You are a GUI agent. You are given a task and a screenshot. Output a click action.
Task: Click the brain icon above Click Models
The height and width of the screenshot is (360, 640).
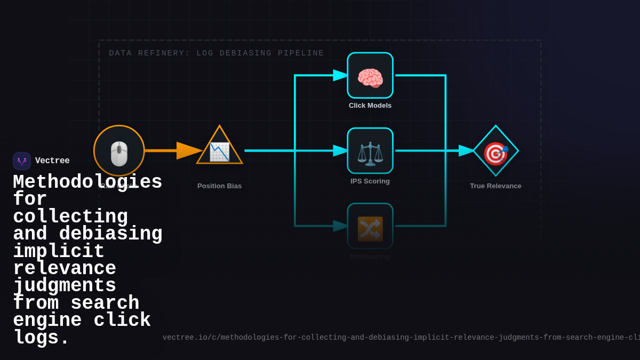(370, 78)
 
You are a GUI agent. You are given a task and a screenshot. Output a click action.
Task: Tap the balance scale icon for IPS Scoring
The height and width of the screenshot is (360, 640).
(370, 153)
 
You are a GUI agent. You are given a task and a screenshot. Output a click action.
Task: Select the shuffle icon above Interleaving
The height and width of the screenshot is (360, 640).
(370, 228)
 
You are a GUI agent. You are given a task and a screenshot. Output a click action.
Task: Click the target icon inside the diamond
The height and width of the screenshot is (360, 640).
(495, 154)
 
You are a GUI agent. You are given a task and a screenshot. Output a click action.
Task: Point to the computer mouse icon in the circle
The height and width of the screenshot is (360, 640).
(119, 154)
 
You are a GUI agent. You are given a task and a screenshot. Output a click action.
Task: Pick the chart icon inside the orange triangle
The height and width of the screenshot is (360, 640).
(219, 151)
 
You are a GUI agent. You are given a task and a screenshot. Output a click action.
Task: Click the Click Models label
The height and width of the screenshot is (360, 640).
(370, 106)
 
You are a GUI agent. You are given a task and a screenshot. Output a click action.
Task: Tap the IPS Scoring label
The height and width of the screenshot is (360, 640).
(370, 181)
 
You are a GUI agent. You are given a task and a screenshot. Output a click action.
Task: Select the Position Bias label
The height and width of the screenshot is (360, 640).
(219, 186)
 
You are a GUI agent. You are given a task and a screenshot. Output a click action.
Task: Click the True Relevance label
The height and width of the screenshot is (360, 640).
(495, 186)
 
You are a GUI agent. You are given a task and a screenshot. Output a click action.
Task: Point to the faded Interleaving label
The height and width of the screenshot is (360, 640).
(370, 257)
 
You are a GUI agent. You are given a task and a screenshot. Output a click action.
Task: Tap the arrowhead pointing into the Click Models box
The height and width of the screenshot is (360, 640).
(341, 75)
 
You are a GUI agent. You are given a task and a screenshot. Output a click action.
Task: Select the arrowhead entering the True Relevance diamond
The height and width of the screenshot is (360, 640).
(467, 151)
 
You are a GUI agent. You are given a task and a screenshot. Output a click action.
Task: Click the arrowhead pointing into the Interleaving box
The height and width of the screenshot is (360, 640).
(341, 226)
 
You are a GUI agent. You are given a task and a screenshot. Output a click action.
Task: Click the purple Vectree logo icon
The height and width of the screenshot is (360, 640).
(22, 161)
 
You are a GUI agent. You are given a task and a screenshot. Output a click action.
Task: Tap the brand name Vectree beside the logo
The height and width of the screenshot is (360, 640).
(52, 161)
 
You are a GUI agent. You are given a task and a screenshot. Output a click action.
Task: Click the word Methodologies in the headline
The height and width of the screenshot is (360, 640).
(87, 182)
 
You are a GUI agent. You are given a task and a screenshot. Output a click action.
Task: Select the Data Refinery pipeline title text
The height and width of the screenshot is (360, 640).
(217, 53)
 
